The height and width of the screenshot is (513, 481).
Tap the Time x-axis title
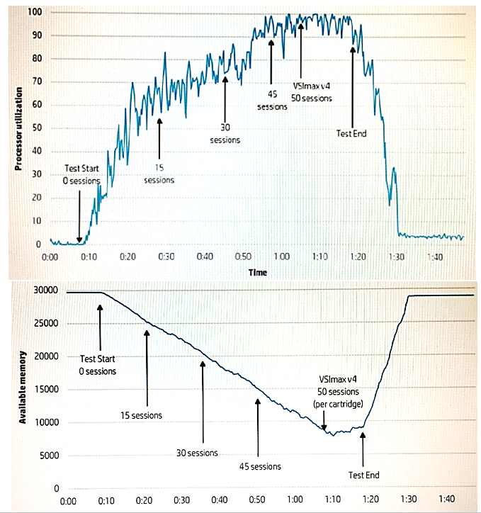pos(257,271)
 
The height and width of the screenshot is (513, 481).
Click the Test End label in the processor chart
pos(351,133)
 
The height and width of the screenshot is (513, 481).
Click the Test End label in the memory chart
pos(363,475)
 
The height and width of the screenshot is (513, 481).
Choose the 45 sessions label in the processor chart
pos(272,101)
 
